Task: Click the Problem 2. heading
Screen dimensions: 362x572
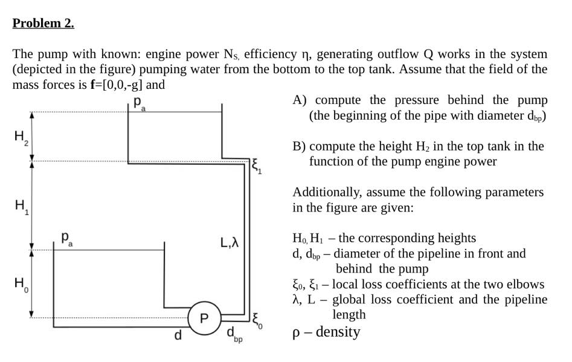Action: tap(43, 24)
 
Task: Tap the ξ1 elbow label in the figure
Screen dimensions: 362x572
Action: tap(256, 164)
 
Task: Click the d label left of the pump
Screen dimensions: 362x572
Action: tap(178, 335)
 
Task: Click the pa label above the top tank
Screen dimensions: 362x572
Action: tap(139, 102)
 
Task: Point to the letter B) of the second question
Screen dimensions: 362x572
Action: tap(299, 146)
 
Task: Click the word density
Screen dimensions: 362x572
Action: tap(339, 332)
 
